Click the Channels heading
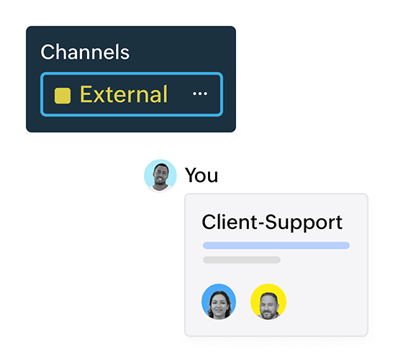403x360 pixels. [x=85, y=52]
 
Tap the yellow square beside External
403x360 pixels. [x=63, y=96]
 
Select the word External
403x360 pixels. [x=124, y=94]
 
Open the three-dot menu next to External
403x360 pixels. [x=200, y=94]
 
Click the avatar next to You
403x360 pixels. [x=160, y=176]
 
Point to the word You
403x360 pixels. [x=201, y=176]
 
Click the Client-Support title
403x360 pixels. [x=272, y=222]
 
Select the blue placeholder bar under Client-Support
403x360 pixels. [x=276, y=246]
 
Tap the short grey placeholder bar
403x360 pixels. [x=242, y=260]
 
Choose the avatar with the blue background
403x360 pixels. [x=219, y=302]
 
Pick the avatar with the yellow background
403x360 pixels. [x=268, y=302]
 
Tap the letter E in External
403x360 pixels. [x=86, y=94]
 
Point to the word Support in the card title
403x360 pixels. [x=304, y=222]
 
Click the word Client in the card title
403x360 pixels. [x=229, y=222]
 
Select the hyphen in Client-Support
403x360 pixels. [x=261, y=224]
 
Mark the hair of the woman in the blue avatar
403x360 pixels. [x=219, y=295]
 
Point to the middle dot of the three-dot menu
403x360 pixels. [x=200, y=94]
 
